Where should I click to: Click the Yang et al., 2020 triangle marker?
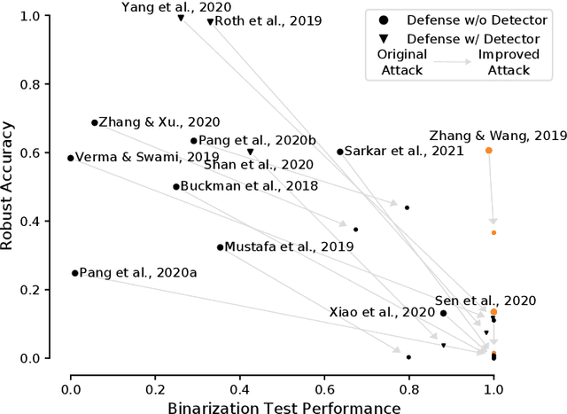[x=181, y=18]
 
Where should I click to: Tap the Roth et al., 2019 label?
[x=256, y=20]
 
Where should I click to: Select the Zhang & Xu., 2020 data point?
[x=94, y=122]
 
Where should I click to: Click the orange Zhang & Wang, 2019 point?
[x=488, y=151]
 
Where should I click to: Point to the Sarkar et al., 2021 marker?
[x=339, y=152]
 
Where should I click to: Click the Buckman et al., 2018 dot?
[x=175, y=186]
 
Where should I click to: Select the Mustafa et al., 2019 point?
[x=221, y=246]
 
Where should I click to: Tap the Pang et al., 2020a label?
[x=138, y=273]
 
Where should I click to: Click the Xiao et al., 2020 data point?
[x=443, y=313]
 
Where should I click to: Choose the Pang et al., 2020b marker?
[x=193, y=140]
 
